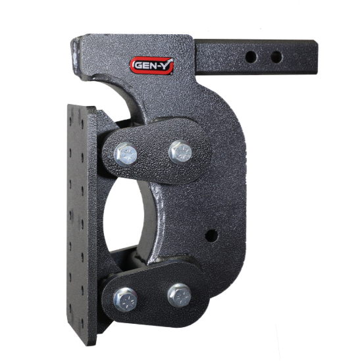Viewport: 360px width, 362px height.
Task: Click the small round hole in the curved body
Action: point(211,234)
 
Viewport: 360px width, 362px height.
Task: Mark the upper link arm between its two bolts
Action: point(152,154)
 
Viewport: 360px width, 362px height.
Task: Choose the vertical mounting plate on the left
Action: point(80,224)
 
